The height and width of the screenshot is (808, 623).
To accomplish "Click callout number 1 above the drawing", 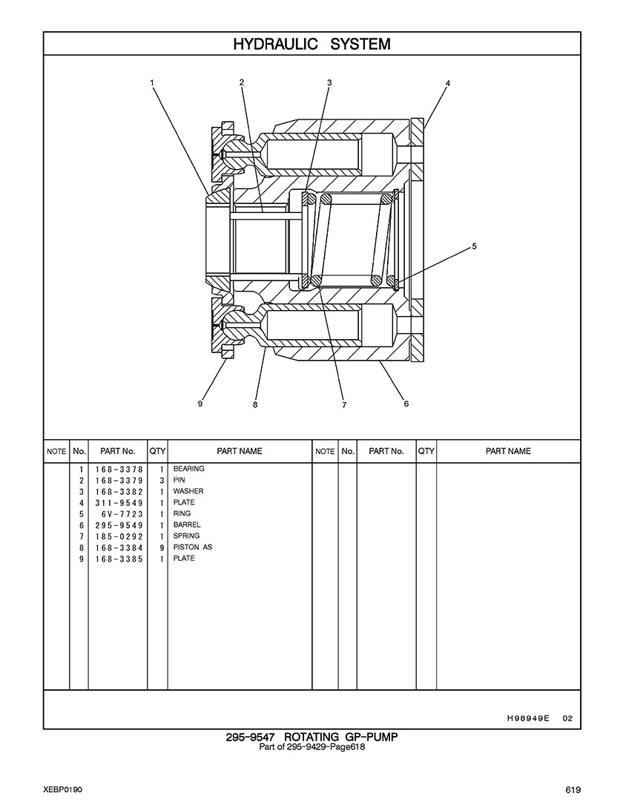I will coord(152,83).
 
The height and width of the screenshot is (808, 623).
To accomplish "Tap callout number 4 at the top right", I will coord(447,83).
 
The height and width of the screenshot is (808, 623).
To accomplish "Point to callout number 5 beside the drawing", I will coord(474,246).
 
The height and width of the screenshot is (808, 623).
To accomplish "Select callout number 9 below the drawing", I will coord(200,404).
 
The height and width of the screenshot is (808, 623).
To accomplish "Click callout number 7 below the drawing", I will coord(344,405).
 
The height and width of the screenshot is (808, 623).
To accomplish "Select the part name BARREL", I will coord(187,525).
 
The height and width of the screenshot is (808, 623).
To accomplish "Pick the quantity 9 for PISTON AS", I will coord(161,548).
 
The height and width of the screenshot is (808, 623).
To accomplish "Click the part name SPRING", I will coord(186,536).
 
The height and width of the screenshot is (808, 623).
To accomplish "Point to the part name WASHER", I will coord(188,491).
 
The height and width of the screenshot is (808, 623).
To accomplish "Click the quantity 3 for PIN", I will coord(161,480).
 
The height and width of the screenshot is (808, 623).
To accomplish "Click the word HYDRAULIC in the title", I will coord(274,44).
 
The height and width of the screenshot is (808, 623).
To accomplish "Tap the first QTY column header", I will coord(157,451).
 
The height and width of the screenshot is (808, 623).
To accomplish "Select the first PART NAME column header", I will coord(239,451).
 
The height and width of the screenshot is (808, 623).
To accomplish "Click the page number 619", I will coord(572,789).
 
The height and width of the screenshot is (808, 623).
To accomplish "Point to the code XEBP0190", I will coord(62,789).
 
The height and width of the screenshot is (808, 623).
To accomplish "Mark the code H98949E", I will coord(528,718).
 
